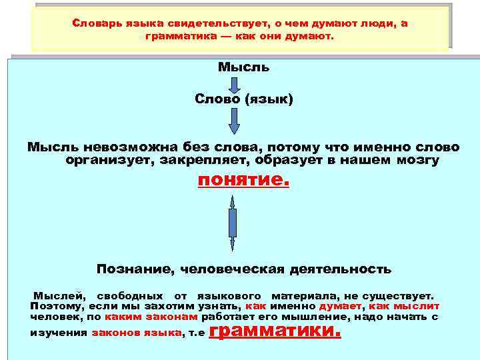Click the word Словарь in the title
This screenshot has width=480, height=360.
[93, 24]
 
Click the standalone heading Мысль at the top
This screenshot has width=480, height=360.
[243, 67]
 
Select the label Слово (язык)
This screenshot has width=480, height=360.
[243, 99]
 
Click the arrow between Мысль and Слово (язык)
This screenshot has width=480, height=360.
[234, 83]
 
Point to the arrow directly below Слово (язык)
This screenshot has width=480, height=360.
[233, 121]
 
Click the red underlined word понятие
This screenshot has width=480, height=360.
[243, 181]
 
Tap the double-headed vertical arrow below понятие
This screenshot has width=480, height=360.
[233, 223]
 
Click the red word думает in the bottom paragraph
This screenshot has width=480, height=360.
[341, 306]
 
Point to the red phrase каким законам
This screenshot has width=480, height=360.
[142, 317]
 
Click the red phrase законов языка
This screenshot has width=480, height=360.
[136, 332]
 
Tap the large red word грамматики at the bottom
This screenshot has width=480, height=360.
[275, 330]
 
